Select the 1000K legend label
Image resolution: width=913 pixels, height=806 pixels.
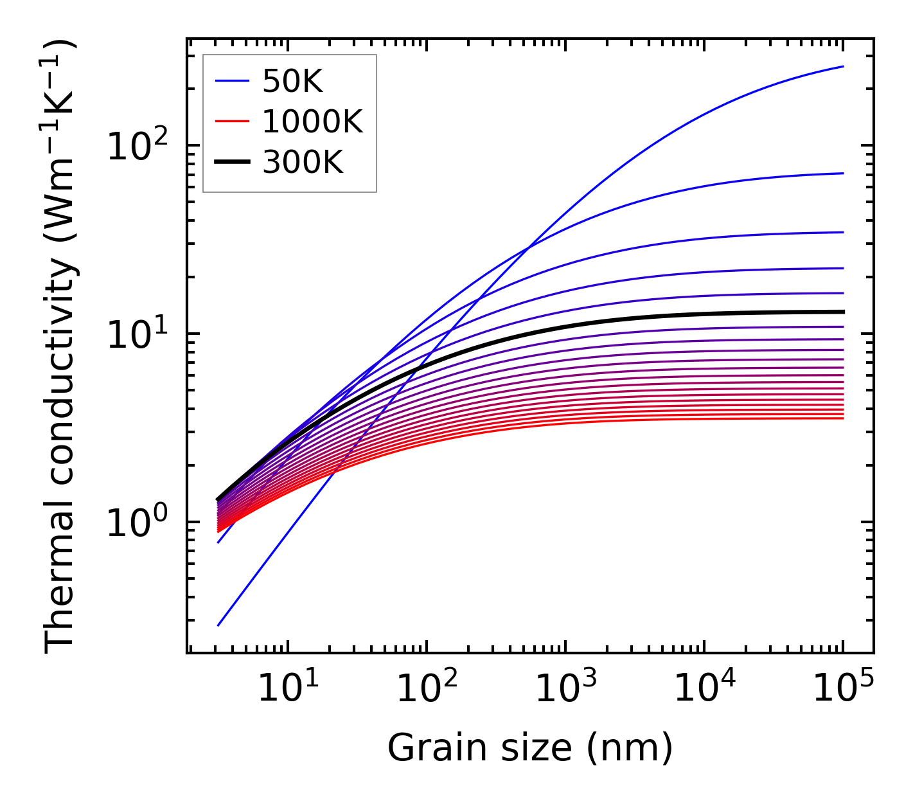click(312, 122)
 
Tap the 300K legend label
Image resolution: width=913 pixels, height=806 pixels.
click(303, 163)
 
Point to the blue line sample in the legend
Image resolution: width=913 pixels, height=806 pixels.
click(231, 81)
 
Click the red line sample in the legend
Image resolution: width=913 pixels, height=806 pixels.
click(231, 122)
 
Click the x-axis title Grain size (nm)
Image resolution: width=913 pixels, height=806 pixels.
click(530, 748)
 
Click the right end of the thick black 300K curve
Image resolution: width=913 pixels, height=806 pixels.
click(842, 312)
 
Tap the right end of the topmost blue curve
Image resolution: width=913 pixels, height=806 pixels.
click(842, 66)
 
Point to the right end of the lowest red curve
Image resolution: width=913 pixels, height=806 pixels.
click(842, 418)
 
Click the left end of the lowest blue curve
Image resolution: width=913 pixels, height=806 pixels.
click(218, 625)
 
